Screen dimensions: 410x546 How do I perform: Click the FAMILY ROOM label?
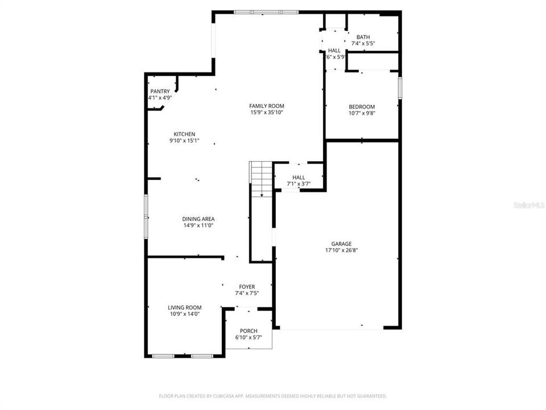[x=267, y=106]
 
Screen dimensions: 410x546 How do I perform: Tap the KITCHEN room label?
[x=184, y=134]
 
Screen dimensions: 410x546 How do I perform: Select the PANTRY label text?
[x=160, y=92]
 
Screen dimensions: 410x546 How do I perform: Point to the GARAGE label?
[x=341, y=244]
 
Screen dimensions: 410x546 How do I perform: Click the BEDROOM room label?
[x=362, y=106]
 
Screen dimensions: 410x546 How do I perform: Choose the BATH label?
[x=363, y=37]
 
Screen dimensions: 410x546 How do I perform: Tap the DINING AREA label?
[x=198, y=219]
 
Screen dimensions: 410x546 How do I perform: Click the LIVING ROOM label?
[x=184, y=307]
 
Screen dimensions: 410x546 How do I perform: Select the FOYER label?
[x=247, y=286]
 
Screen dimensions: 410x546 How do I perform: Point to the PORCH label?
[x=249, y=331]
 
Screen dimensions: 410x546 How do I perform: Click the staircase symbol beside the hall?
[x=261, y=178]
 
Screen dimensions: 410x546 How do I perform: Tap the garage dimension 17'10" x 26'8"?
[x=341, y=250]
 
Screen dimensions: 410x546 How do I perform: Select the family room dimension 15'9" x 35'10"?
[x=267, y=112]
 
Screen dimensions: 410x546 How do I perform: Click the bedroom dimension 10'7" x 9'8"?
[x=362, y=113]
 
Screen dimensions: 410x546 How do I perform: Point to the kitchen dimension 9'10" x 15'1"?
[x=184, y=141]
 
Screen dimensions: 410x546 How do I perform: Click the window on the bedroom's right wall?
[x=400, y=88]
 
